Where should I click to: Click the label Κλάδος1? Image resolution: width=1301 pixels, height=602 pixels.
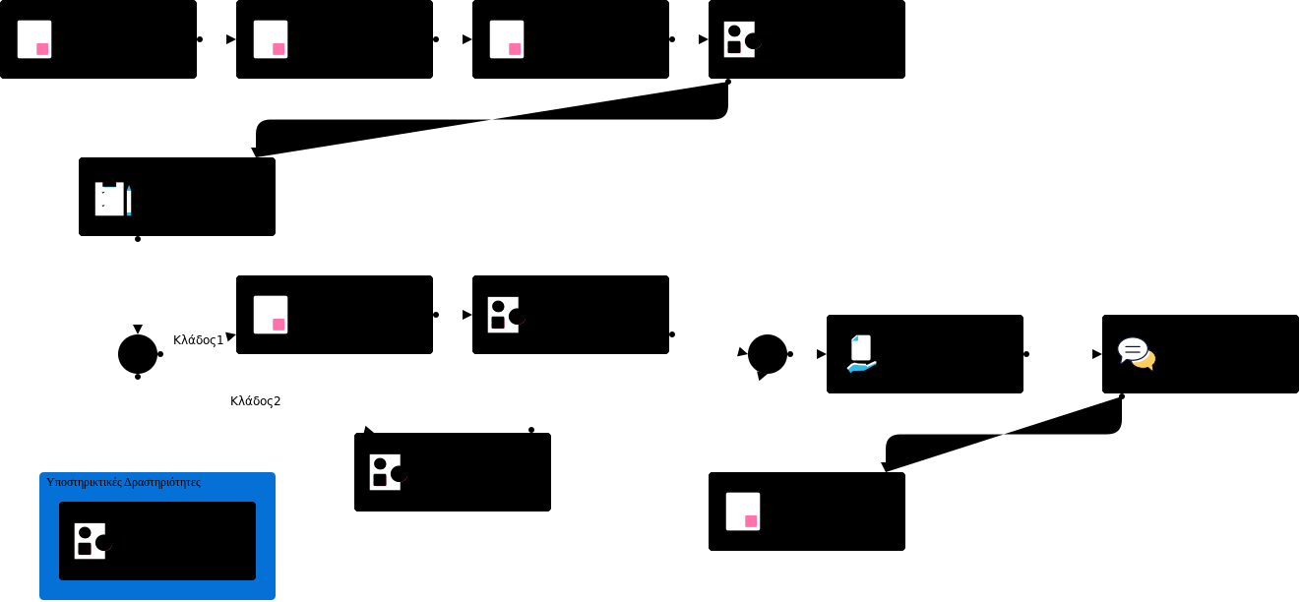tap(198, 340)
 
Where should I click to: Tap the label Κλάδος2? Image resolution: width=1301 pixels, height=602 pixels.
tap(255, 401)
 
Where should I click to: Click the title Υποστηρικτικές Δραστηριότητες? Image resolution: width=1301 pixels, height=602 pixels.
tap(123, 482)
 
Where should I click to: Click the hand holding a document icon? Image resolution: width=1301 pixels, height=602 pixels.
tap(861, 354)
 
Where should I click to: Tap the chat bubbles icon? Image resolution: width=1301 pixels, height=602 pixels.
tap(1136, 353)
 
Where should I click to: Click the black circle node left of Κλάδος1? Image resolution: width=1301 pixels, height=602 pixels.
tap(138, 354)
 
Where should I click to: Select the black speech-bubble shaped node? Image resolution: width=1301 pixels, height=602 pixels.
tap(767, 355)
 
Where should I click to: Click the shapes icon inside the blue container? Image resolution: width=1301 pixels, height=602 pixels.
tap(92, 541)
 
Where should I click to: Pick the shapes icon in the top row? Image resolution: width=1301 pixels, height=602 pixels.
tap(741, 39)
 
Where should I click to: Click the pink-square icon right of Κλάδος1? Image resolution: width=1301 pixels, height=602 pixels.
tap(271, 315)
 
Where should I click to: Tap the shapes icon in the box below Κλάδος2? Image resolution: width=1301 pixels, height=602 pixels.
tap(387, 472)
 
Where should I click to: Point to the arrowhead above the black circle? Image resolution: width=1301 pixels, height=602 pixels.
tap(138, 329)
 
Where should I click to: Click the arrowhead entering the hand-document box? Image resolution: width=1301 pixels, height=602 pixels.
tap(821, 354)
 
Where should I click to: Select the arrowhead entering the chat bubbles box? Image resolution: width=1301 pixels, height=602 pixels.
tap(1096, 354)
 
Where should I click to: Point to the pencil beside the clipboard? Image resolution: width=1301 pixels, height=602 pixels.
tap(129, 200)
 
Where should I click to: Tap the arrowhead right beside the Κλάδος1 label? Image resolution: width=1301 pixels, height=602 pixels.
tap(230, 336)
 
